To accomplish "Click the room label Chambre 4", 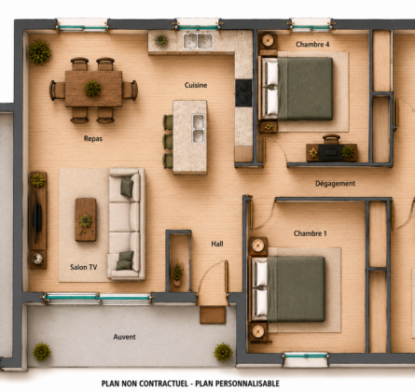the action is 312,45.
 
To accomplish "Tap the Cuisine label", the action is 196,85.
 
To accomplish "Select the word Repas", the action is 93,139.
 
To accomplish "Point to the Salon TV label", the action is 84,267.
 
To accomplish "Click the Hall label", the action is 217,244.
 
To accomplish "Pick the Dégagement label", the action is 335,184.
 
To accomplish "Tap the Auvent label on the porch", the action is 124,337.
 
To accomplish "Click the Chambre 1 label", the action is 311,233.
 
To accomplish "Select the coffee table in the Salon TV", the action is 86,219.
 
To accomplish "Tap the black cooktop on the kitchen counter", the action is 243,93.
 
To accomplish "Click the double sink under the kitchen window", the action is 198,41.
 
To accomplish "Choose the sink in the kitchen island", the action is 199,129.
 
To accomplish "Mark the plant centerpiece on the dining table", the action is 92,89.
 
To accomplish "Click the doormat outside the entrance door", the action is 213,315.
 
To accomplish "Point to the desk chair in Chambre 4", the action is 331,139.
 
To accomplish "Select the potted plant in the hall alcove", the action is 177,273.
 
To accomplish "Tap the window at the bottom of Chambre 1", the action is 306,359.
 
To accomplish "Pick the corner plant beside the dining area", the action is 40,52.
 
